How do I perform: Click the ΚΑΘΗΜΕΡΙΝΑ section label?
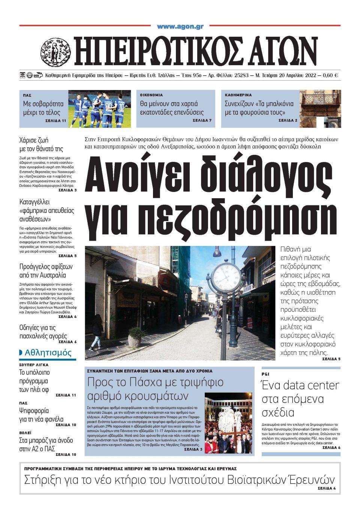pyautogui.click(x=238, y=95)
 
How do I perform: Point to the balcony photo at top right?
pyautogui.click(x=320, y=108)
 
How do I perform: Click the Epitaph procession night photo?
pyautogui.click(x=228, y=422)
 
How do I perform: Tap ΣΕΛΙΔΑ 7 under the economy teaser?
pyautogui.click(x=202, y=121)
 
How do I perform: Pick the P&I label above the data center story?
pyautogui.click(x=265, y=374)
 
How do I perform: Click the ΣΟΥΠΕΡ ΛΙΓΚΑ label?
pyautogui.click(x=34, y=365)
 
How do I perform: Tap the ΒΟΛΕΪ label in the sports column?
pyautogui.click(x=25, y=433)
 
